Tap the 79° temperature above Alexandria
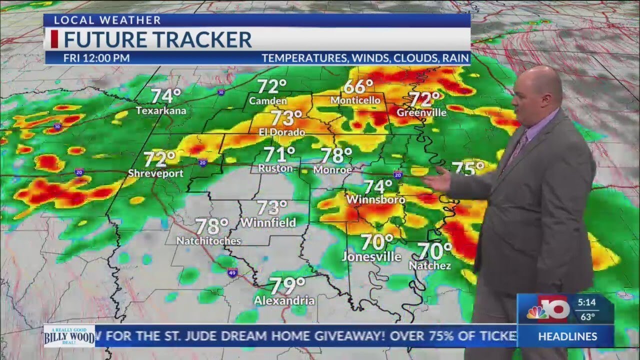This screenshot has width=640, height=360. [x=287, y=286]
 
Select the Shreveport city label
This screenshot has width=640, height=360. [x=155, y=173]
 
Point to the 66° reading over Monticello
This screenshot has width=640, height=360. [x=358, y=86]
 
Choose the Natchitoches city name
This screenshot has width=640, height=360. [x=208, y=240]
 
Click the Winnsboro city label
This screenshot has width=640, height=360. [x=375, y=199]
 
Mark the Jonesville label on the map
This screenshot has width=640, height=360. [x=371, y=257]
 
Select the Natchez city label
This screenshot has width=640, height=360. [x=430, y=265]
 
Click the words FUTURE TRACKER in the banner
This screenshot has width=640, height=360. [x=157, y=39]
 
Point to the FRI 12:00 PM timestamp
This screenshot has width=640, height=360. [x=96, y=58]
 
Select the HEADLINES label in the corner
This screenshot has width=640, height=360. [x=567, y=336]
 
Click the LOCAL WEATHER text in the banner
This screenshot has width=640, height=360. [x=107, y=20]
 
